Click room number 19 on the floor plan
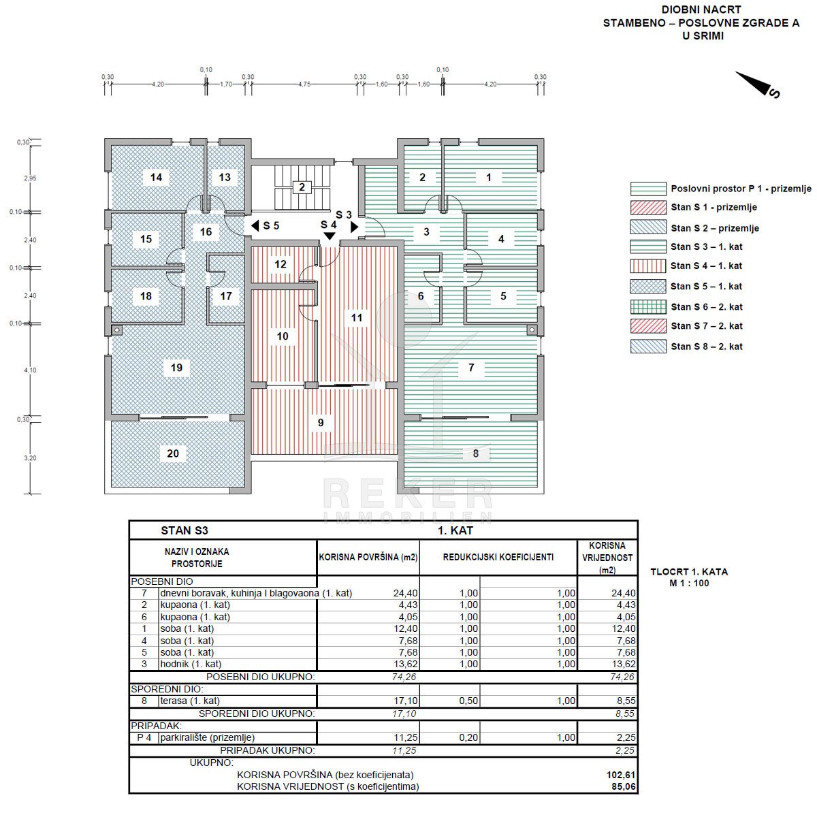[x=176, y=368]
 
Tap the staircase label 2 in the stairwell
[x=302, y=187]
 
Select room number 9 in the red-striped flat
[x=321, y=423]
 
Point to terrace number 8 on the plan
[x=476, y=453]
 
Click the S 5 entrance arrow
[x=255, y=225]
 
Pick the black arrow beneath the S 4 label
[x=330, y=236]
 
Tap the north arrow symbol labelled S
[x=757, y=84]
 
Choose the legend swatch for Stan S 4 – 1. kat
[x=648, y=266]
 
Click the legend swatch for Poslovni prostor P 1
[x=648, y=189]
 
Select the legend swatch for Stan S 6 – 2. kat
[x=648, y=306]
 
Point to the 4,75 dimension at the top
[x=304, y=84]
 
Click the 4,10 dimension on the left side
[x=30, y=370]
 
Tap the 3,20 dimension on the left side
[x=30, y=458]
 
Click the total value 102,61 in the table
[x=621, y=775]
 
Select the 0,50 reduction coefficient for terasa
[x=468, y=701]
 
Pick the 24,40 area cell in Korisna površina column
[x=405, y=593]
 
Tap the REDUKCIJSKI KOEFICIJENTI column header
[x=498, y=557]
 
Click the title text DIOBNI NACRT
[x=701, y=10]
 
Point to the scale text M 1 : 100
[x=689, y=583]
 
